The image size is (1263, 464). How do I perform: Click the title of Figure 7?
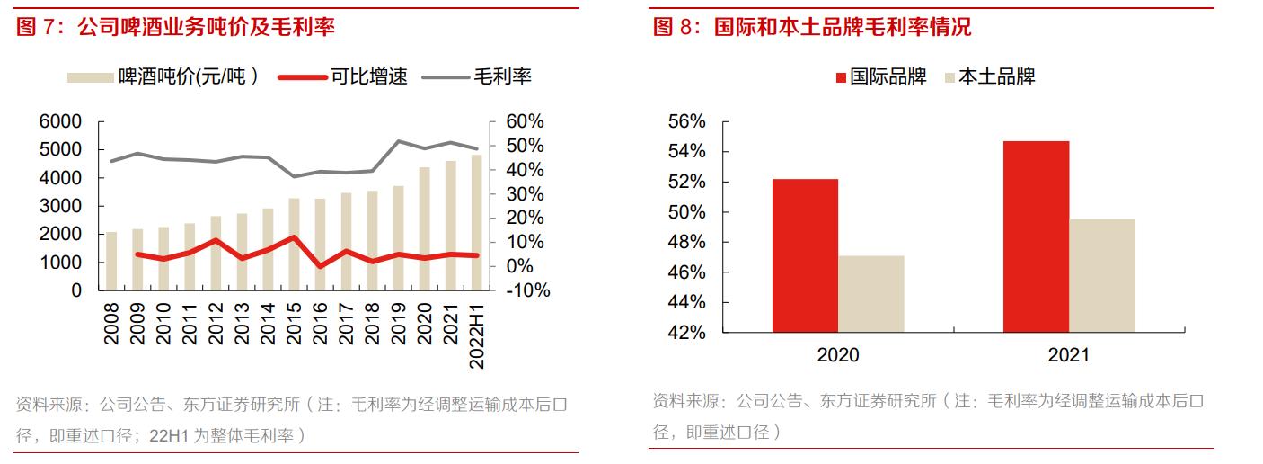[175, 27]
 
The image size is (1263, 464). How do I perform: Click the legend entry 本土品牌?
[988, 76]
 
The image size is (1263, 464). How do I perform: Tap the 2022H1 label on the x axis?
[477, 332]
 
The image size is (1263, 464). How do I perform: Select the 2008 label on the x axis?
[111, 323]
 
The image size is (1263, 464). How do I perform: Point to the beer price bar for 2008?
[111, 261]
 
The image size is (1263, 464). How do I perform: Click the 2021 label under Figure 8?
[1068, 355]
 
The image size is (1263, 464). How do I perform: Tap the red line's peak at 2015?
[294, 238]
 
